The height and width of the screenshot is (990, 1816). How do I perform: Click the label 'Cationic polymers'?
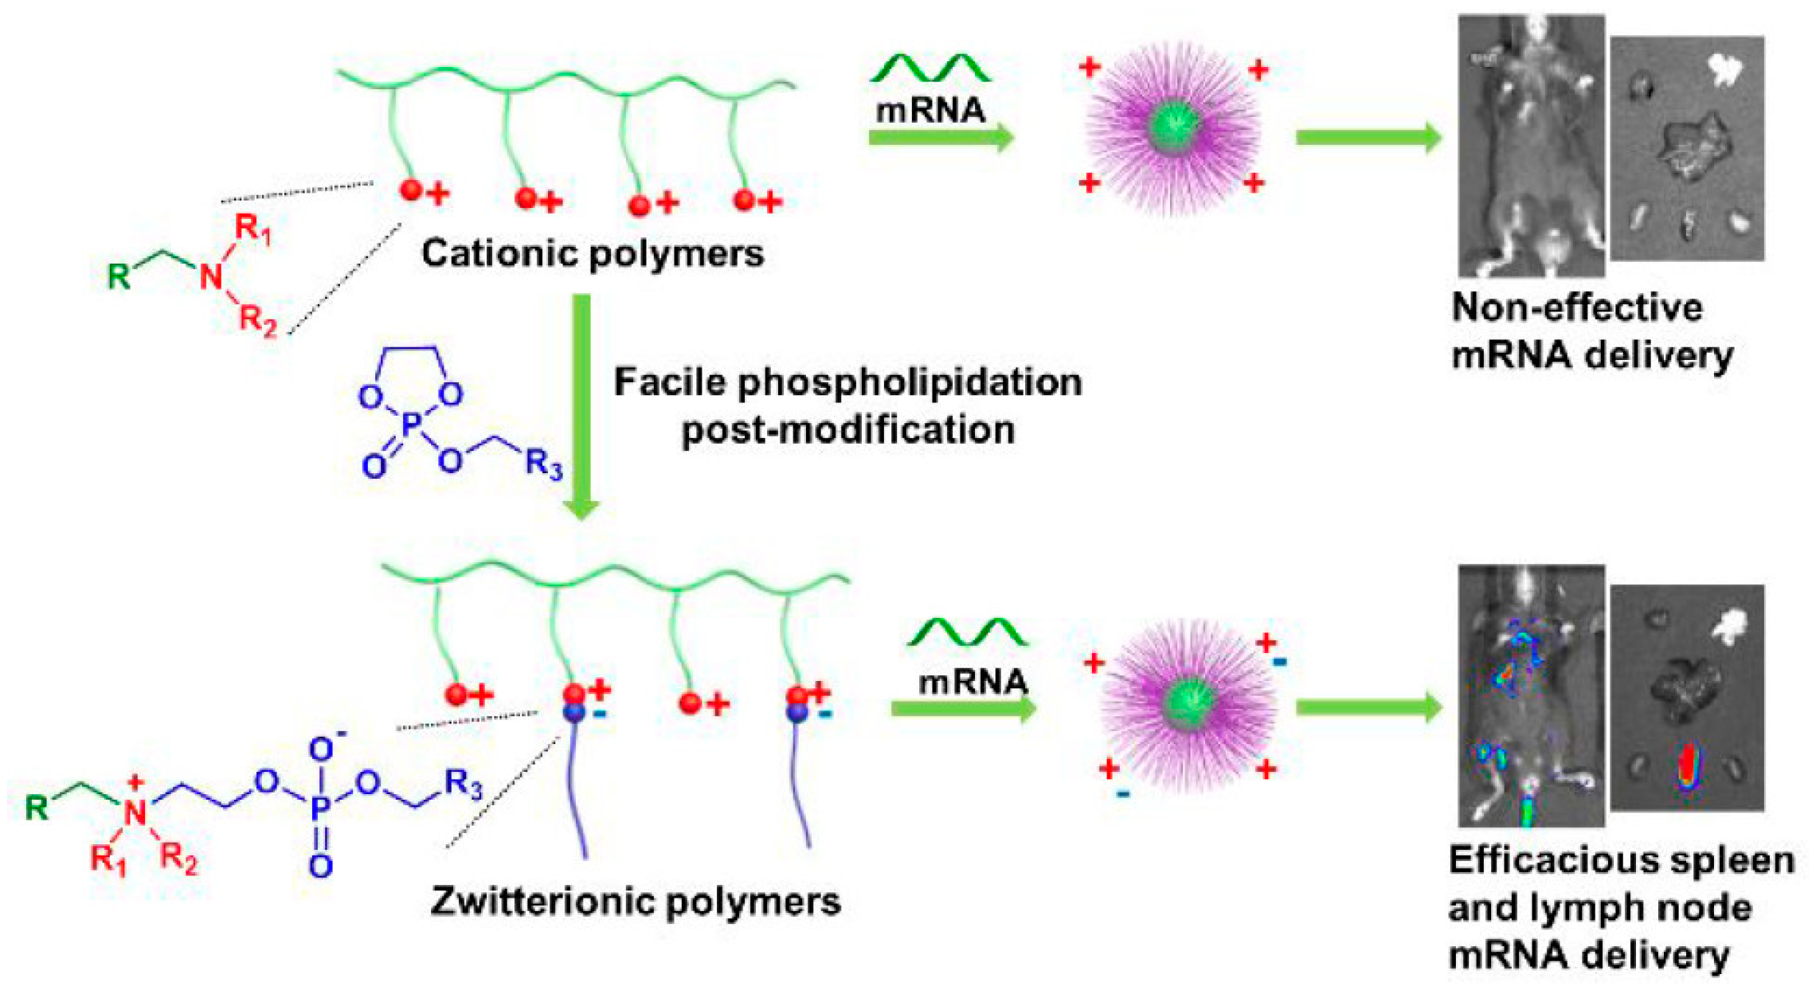tap(593, 254)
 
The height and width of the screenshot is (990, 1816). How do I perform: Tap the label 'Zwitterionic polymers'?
tap(635, 902)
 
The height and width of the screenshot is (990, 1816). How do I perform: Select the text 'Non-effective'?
tap(1577, 307)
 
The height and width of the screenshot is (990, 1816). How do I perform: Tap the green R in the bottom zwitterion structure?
tap(37, 808)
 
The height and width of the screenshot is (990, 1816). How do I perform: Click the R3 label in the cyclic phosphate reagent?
tap(544, 464)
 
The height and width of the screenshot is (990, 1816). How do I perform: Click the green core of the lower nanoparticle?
tap(1188, 704)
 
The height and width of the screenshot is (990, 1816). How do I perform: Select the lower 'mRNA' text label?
tap(973, 683)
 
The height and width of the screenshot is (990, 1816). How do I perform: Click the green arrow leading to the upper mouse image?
tap(1368, 138)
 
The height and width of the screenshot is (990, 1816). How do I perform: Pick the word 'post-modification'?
tap(848, 431)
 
